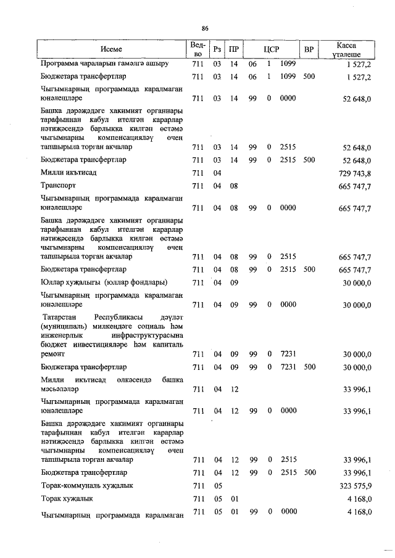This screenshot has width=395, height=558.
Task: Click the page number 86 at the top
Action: tap(205, 28)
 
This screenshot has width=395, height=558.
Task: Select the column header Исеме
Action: tap(112, 49)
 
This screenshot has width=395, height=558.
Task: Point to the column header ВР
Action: tap(309, 49)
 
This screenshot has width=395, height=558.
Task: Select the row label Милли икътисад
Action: tap(65, 174)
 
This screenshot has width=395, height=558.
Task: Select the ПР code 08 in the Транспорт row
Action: tap(234, 186)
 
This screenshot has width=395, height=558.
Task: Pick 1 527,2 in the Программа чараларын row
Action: tap(359, 64)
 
